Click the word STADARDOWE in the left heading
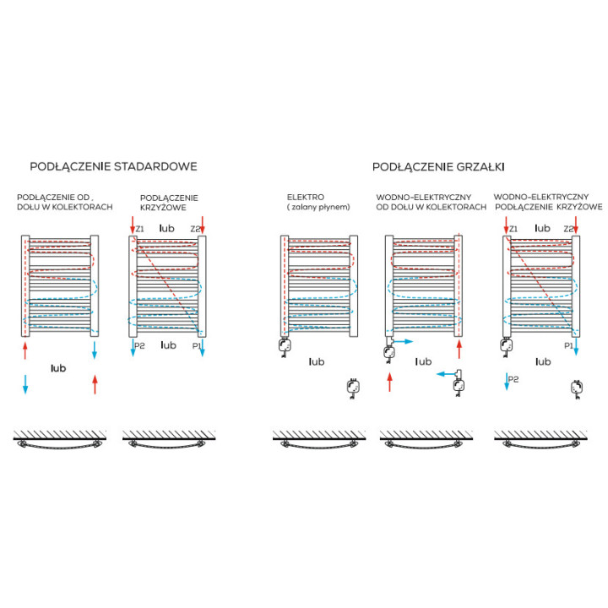tap(155, 166)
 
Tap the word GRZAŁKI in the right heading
tap(480, 166)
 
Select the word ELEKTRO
tap(306, 197)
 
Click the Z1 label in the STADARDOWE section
tap(139, 229)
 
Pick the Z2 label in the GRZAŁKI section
tap(568, 229)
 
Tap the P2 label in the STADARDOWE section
tap(139, 345)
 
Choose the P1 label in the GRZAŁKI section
tap(568, 345)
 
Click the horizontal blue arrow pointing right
tap(404, 341)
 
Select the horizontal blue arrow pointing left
tap(447, 374)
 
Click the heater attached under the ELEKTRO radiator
tap(285, 346)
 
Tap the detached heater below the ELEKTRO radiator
tap(352, 388)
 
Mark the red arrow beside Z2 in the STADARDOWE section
tap(203, 225)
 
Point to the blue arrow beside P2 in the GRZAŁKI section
tap(507, 381)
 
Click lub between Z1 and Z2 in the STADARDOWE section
tap(167, 228)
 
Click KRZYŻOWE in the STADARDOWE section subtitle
tap(163, 208)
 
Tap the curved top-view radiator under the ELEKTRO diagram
tap(319, 444)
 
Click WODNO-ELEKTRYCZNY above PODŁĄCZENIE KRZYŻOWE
tap(541, 197)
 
